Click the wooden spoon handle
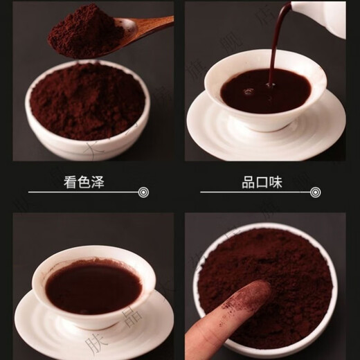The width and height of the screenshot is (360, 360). (149, 26)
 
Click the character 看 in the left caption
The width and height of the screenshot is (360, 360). (70, 183)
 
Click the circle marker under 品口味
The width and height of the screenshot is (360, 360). (316, 192)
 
